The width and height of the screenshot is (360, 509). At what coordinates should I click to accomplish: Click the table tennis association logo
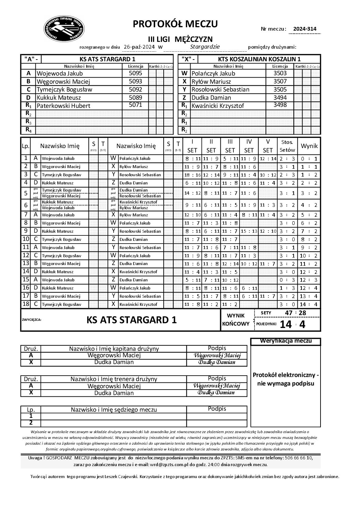pyautogui.click(x=64, y=29)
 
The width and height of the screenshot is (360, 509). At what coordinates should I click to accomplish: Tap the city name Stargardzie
pyautogui.click(x=205, y=47)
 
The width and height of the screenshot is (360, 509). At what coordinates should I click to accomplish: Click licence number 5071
pyautogui.click(x=135, y=105)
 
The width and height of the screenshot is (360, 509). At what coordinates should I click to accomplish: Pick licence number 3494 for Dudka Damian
pyautogui.click(x=280, y=97)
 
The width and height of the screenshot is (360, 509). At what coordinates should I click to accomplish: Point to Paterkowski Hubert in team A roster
pyautogui.click(x=64, y=106)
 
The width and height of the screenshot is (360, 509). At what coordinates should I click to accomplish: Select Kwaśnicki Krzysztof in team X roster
pyautogui.click(x=218, y=106)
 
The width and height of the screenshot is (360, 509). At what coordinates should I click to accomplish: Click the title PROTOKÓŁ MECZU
pyautogui.click(x=175, y=24)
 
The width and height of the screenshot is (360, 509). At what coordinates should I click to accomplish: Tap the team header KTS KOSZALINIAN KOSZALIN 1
pyautogui.click(x=259, y=59)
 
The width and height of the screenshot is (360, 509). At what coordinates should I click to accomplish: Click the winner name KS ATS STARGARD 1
pyautogui.click(x=132, y=320)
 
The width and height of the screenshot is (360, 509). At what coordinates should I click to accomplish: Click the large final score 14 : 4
pyautogui.click(x=292, y=324)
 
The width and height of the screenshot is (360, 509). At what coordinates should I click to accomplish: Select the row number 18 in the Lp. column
pyautogui.click(x=26, y=304)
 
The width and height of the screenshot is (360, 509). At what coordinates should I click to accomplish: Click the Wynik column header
pyautogui.click(x=309, y=146)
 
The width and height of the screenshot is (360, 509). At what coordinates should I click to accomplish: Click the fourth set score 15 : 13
pyautogui.click(x=249, y=231)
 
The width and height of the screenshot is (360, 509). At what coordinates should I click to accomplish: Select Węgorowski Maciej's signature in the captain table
pyautogui.click(x=217, y=356)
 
